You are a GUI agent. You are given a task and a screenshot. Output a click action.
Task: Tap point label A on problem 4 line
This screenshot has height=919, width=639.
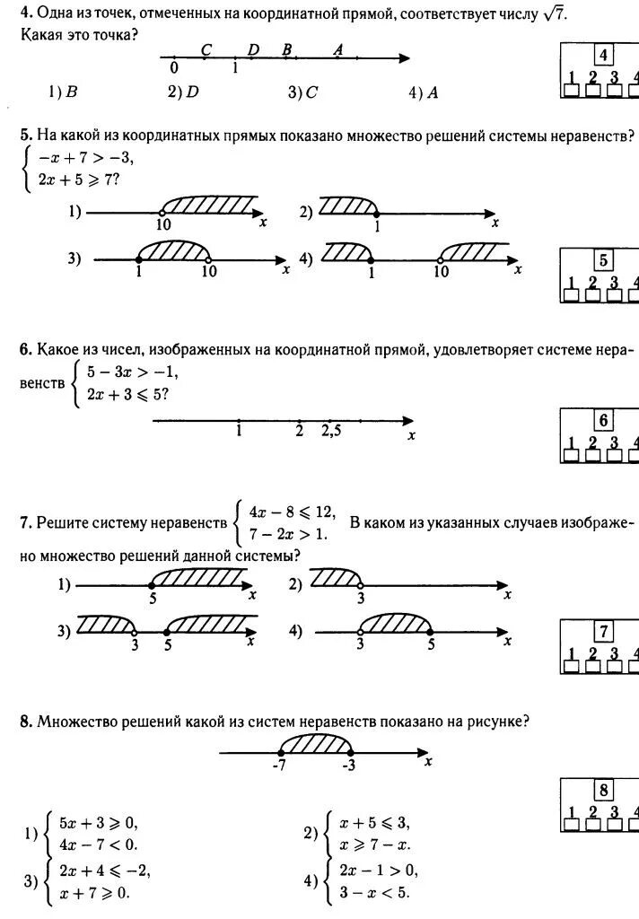point(337,51)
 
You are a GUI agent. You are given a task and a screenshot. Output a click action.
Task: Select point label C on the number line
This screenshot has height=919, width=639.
point(206,51)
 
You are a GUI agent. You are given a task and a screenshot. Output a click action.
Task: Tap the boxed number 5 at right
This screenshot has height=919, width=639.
point(604,261)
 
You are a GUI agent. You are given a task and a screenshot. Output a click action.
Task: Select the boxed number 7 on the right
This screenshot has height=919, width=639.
point(604,630)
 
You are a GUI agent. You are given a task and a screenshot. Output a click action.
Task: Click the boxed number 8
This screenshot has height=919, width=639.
point(604,791)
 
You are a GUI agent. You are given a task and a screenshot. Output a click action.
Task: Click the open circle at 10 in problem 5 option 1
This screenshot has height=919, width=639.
point(162,214)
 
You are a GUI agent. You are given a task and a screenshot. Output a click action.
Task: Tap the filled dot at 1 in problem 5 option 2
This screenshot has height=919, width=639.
point(376,214)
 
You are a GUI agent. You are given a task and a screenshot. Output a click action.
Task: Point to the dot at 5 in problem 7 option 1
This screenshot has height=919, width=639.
point(152,586)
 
